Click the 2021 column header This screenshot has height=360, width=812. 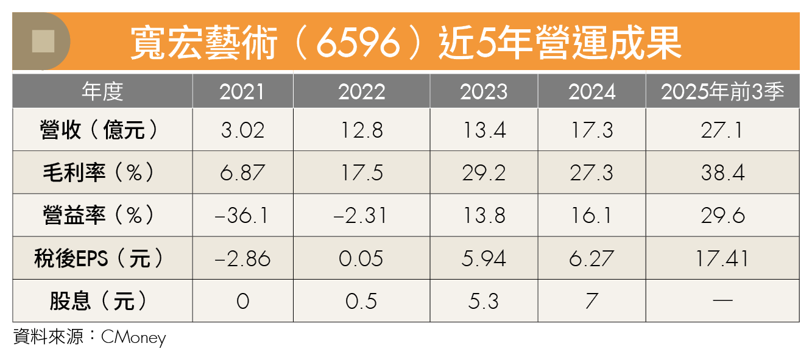coord(242,91)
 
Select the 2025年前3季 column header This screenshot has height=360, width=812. coord(722,91)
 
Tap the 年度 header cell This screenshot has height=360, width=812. coord(102,91)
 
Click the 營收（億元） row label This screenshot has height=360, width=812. coord(102,130)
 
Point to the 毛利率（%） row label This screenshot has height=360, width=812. coord(102,172)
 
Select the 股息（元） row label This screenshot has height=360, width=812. coord(102,301)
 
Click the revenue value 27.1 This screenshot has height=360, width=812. coord(722,130)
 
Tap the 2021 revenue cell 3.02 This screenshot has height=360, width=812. coord(242,130)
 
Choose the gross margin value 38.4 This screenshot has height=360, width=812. coord(722,172)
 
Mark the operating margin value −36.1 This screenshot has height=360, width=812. coord(242,216)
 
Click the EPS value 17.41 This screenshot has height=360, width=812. coord(722,258)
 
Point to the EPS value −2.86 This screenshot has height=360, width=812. coord(242,258)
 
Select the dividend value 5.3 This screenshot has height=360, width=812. coord(483,301)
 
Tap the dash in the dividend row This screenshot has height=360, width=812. coord(722,301)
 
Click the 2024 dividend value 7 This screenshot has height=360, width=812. coord(591,301)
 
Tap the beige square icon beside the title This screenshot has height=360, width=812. coord(43,41)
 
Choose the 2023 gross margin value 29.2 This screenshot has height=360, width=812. coord(483,172)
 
